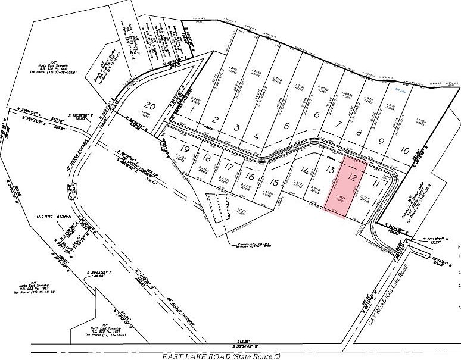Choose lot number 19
coord(186,148)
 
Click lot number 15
coord(273,182)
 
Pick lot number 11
coord(375,184)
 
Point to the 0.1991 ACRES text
coord(52,217)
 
